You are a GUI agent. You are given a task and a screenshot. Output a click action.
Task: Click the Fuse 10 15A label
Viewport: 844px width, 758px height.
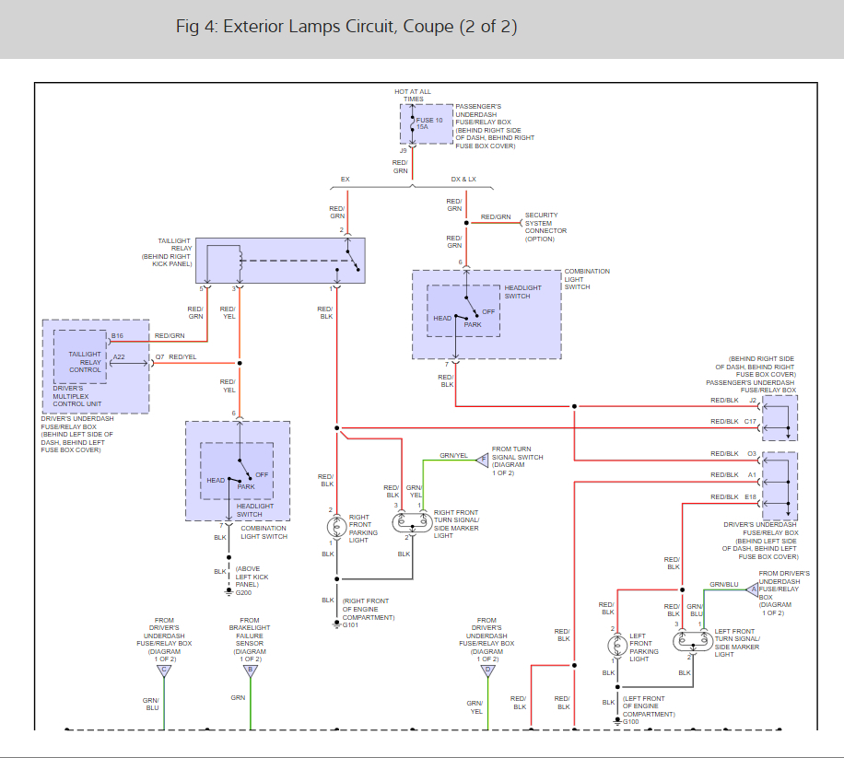429,123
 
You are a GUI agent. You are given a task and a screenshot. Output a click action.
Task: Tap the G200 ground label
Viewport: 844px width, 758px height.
243,592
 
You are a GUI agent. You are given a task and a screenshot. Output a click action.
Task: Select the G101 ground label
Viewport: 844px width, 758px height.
350,625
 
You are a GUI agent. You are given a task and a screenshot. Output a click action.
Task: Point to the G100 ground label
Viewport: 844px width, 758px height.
631,721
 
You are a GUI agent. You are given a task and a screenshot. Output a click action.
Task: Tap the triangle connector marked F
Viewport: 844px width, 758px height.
482,461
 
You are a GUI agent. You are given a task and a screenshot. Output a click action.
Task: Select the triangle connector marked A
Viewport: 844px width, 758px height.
751,589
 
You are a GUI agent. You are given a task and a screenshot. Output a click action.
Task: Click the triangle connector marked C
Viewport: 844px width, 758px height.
164,671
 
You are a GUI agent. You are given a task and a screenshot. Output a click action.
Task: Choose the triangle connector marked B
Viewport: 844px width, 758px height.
250,671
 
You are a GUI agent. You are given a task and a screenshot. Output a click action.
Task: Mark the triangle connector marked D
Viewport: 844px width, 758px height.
488,671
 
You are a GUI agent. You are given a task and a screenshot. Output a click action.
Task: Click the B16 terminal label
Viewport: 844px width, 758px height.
117,335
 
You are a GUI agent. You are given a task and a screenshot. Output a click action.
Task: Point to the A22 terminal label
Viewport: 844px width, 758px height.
119,356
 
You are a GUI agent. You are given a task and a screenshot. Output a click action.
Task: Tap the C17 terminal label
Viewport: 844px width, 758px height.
751,422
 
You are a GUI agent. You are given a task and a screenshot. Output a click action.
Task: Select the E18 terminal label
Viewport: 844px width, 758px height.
751,497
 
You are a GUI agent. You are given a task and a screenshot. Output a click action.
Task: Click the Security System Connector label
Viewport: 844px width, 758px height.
541,227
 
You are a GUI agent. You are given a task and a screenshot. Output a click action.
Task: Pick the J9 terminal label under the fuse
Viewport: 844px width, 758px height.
403,150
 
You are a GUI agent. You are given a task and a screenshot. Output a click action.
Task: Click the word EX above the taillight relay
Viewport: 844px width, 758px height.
346,179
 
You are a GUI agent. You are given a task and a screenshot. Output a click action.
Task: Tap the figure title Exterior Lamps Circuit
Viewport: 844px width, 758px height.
346,27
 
